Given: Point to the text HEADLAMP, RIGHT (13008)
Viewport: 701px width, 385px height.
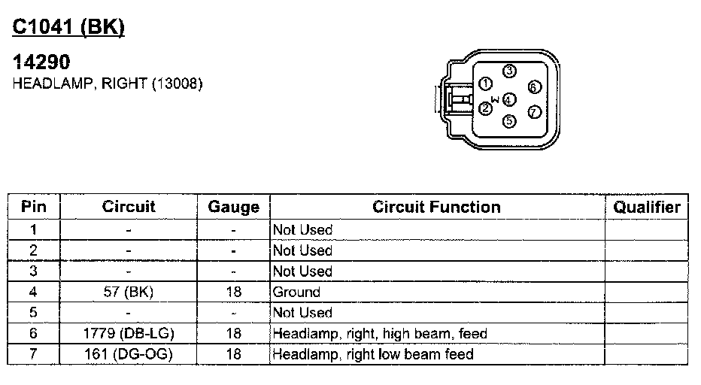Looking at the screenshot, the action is (x=108, y=84).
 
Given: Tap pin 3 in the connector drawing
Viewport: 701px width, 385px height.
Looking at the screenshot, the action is (x=509, y=71).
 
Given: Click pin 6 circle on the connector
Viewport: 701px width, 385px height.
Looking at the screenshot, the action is (x=533, y=87).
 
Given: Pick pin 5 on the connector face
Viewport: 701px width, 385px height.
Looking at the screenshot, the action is (x=509, y=120).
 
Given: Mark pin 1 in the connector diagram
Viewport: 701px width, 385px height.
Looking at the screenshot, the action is (x=486, y=83).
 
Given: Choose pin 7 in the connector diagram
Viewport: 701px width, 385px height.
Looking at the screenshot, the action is (x=534, y=112).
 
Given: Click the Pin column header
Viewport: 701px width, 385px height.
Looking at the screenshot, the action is (x=33, y=207).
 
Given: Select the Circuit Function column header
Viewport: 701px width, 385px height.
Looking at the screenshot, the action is (x=436, y=207).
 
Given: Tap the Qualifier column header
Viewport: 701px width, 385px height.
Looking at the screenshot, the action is (x=646, y=207).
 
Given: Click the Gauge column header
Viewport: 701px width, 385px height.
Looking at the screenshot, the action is (x=233, y=207).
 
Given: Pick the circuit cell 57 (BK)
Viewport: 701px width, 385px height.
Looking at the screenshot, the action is (x=129, y=292).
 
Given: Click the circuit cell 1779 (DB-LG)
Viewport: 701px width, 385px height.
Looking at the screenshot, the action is (x=129, y=333).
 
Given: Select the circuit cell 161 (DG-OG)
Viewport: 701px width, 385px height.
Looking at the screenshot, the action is (x=129, y=353).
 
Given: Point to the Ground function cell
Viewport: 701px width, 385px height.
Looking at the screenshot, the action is (x=296, y=292).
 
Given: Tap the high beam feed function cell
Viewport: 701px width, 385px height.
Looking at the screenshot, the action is (x=380, y=333).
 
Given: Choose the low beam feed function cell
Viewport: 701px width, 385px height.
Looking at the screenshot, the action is (x=373, y=353).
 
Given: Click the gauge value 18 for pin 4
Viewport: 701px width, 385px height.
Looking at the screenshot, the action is (x=233, y=292).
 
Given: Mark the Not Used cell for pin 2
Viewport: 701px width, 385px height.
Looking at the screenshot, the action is (x=302, y=250).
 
